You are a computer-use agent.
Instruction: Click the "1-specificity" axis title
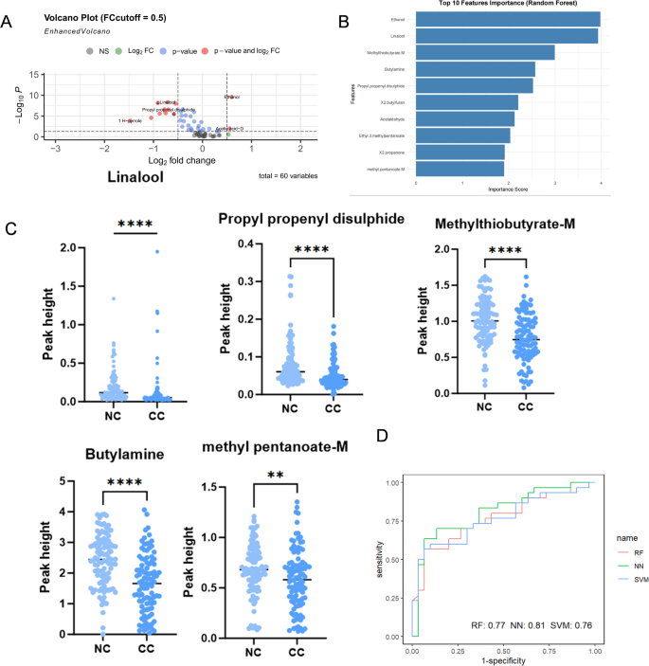coord(503,660)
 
